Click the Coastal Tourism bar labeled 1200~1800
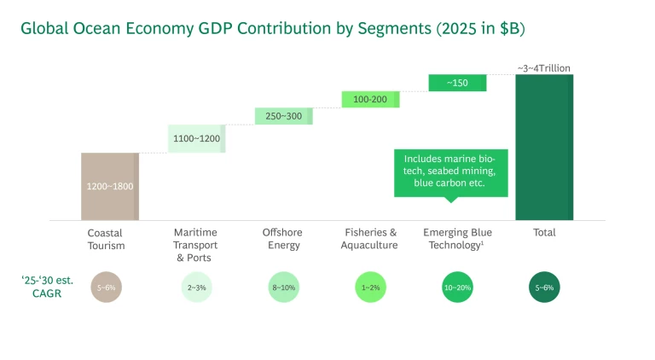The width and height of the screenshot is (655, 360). coord(109,186)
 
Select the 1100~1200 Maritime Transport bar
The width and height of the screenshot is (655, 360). coord(196,138)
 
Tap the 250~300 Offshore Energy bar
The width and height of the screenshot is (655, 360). coord(283,116)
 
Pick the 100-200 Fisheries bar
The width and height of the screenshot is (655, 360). coord(370,99)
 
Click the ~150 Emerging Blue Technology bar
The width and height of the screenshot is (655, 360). coord(457,83)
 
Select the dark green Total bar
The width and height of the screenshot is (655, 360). coord(544,147)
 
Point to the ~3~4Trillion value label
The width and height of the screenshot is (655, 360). coord(543,67)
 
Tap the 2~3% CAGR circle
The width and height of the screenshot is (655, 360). coord(195,287)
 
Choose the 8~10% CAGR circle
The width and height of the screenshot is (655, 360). coord(283,287)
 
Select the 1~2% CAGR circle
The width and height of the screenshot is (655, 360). coord(370,287)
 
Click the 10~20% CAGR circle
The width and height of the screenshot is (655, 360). coord(457,287)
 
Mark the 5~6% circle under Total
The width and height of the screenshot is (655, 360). coord(544,287)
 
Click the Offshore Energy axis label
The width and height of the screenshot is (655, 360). coord(283,239)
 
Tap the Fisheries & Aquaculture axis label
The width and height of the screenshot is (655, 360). coord(370,239)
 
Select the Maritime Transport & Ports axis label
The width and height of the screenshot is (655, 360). coord(195,245)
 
